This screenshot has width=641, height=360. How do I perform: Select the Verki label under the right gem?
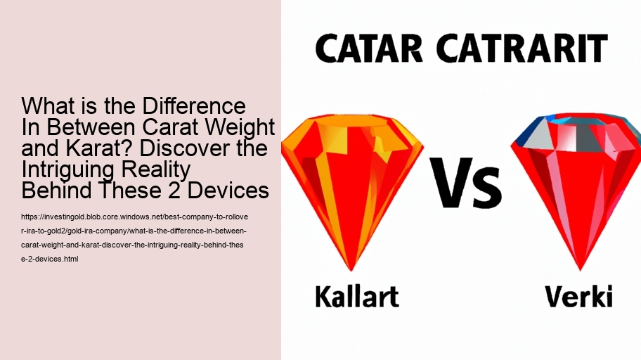[x=579, y=295]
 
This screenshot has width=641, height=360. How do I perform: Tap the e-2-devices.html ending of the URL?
[x=50, y=259]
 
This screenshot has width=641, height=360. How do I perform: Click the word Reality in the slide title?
[x=162, y=170]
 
